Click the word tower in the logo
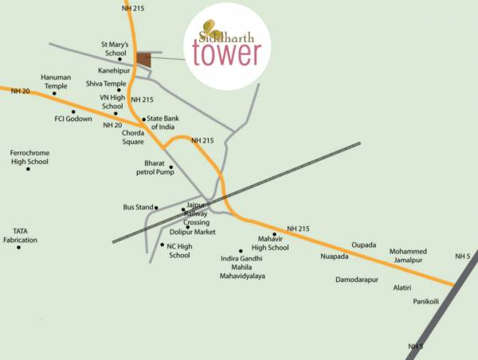226,54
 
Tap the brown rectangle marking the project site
143,60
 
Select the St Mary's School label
114,49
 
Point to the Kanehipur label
114,70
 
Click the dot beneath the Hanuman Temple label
54,93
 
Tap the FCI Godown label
72,119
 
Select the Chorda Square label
132,137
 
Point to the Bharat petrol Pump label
154,166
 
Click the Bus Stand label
138,207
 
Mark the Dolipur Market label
194,232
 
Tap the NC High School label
180,250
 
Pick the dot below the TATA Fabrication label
19,248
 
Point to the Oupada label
363,245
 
